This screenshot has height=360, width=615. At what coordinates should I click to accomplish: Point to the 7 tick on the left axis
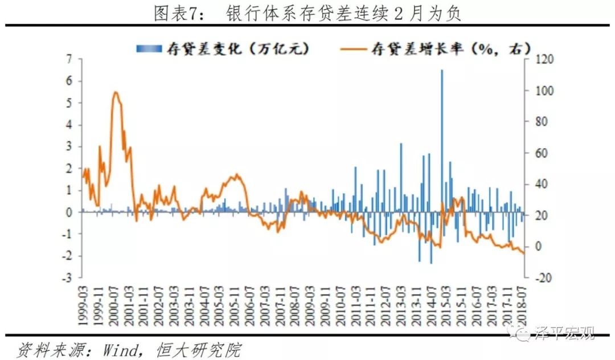(x=69, y=59)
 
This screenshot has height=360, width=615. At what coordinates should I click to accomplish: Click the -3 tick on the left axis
(x=67, y=278)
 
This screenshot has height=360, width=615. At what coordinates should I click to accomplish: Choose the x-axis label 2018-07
(x=521, y=304)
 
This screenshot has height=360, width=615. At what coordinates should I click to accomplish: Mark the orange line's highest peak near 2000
(x=116, y=92)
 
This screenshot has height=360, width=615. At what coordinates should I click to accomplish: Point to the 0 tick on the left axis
(x=69, y=212)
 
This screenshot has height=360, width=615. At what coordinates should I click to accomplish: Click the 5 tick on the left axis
(x=69, y=103)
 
